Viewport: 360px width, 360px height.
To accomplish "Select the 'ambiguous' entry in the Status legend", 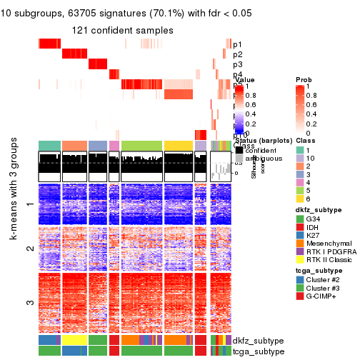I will pyautogui.click(x=261, y=159).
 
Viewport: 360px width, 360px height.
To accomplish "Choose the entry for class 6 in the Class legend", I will pyautogui.click(x=312, y=199).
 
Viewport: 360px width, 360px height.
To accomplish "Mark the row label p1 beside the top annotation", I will pyautogui.click(x=237, y=44).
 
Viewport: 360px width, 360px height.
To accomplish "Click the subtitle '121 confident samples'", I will pyautogui.click(x=122, y=30).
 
